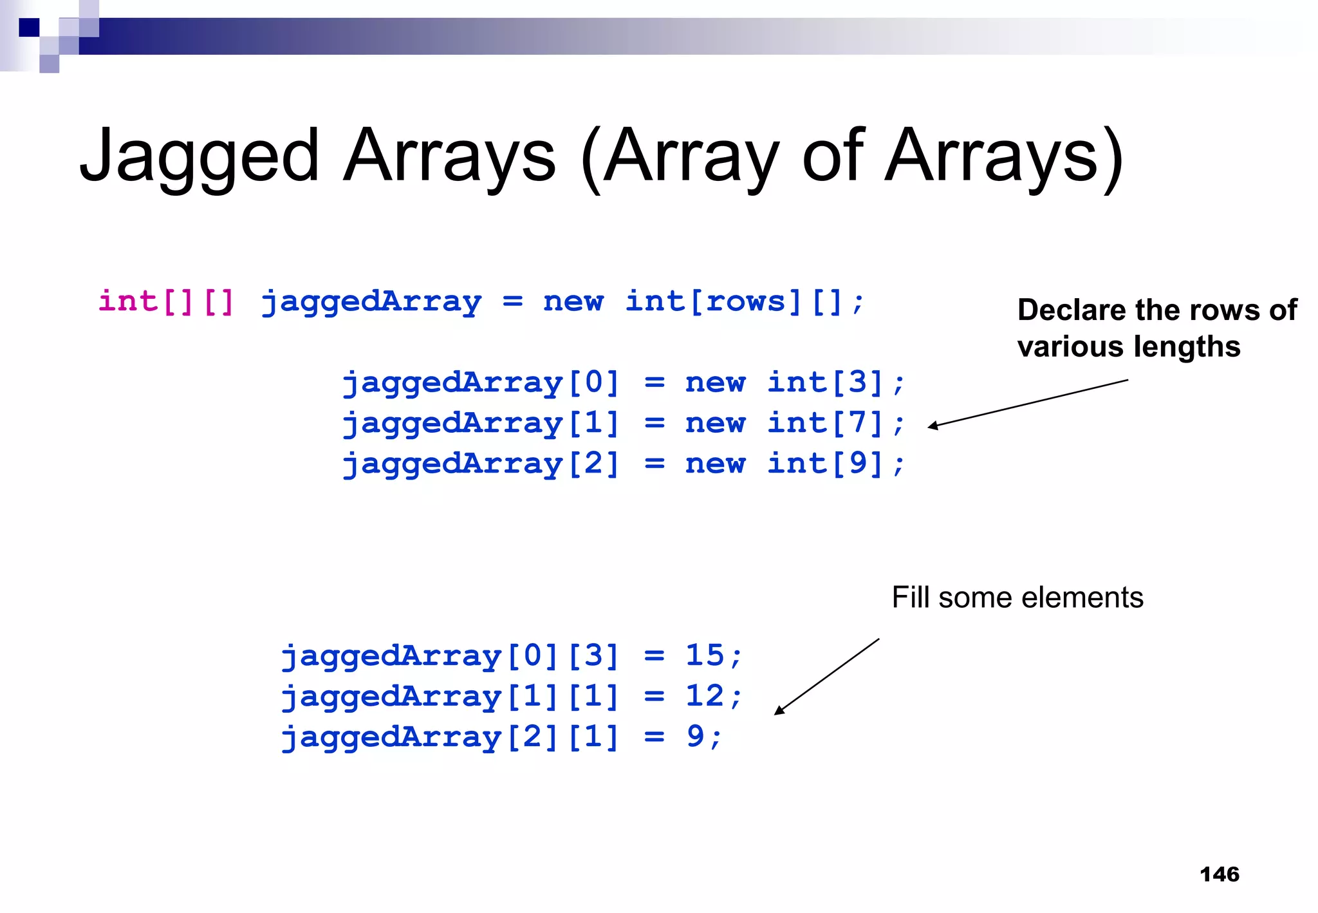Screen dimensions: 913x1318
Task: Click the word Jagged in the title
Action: pos(200,156)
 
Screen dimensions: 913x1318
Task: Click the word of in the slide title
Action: pos(833,156)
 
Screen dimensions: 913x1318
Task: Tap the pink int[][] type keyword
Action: pos(166,301)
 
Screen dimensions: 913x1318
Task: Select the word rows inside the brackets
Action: pos(745,301)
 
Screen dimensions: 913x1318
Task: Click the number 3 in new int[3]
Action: pos(857,382)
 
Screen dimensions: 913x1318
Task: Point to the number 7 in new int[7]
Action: pos(857,423)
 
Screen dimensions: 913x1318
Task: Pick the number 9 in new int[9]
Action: pos(857,464)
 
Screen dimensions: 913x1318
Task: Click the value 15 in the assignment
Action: pos(705,655)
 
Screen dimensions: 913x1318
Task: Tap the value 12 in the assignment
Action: pos(705,696)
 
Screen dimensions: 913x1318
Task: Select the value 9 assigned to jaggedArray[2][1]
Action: pos(695,737)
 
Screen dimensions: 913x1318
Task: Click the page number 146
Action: pos(1219,874)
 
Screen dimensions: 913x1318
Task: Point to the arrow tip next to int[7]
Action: pos(931,426)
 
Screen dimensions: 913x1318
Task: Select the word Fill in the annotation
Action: pos(910,598)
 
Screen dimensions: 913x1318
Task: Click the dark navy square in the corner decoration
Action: pos(29,28)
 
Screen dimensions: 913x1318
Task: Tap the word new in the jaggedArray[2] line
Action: pos(715,464)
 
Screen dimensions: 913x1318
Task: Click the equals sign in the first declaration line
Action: pos(512,301)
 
